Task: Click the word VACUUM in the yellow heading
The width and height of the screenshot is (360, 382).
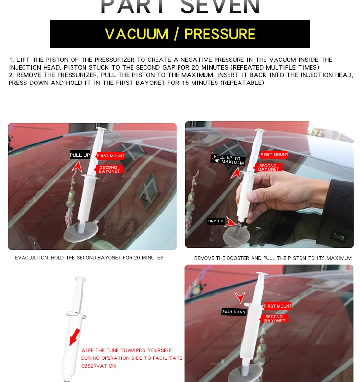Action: [x=136, y=34]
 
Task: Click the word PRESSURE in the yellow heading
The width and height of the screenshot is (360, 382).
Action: [x=220, y=34]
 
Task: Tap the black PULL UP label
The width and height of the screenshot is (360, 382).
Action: [x=80, y=155]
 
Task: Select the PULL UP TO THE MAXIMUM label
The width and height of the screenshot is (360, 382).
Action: [x=228, y=160]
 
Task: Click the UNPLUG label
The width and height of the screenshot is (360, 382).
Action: [x=216, y=221]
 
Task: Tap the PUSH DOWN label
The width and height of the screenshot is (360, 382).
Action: [x=234, y=312]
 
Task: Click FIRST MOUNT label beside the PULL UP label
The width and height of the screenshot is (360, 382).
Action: [x=110, y=156]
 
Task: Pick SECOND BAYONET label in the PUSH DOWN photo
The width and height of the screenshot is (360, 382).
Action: [x=274, y=319]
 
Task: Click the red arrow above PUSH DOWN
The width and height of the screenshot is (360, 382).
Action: [x=240, y=298]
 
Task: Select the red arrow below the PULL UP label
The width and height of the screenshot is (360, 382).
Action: [x=77, y=166]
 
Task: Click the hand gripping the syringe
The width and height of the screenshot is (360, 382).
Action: [x=269, y=190]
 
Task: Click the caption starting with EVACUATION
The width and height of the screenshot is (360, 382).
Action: [x=89, y=258]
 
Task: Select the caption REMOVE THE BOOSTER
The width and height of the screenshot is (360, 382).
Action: [x=273, y=258]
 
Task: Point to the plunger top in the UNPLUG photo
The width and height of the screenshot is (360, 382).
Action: [x=260, y=131]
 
